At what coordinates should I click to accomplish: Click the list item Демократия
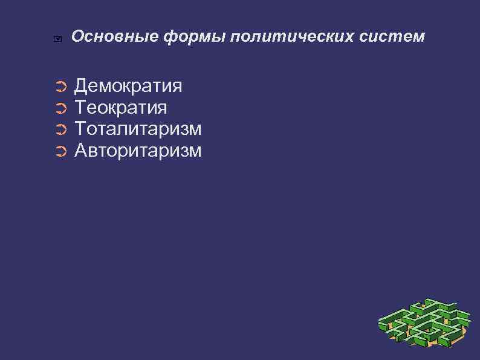[x=128, y=87]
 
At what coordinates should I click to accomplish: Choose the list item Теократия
[x=120, y=108]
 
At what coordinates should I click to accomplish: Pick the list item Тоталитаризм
[x=138, y=129]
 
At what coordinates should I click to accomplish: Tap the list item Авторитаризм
[x=138, y=150]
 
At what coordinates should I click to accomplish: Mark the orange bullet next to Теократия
[x=59, y=109]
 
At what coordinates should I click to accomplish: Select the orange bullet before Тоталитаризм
[x=59, y=130]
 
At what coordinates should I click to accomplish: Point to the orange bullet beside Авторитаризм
[x=59, y=151]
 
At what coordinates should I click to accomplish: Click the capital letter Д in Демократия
[x=81, y=87]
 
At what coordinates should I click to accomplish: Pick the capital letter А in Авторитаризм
[x=81, y=150]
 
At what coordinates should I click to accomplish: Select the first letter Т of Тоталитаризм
[x=80, y=129]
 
